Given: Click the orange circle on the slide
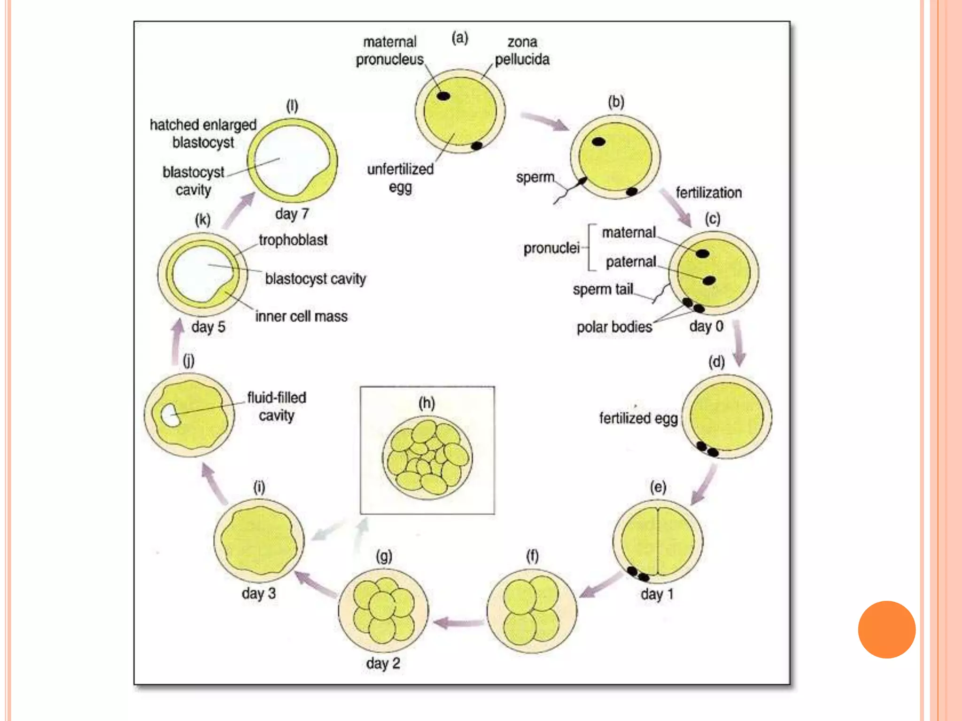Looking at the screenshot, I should click(x=886, y=629).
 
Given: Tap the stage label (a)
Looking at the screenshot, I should click(x=460, y=38).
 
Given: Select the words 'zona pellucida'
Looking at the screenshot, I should click(x=522, y=51).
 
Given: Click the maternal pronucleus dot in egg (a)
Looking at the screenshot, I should click(x=443, y=96).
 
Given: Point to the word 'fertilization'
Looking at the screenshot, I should click(x=708, y=192).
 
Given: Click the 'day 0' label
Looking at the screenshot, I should click(x=706, y=326).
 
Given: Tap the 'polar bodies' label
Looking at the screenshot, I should click(x=614, y=327).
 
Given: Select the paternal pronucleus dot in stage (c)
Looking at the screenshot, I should click(x=709, y=281).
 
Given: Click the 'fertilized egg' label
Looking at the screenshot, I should click(x=638, y=418).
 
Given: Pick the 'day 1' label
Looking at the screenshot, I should click(x=657, y=594).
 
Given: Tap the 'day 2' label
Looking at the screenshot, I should click(x=383, y=663).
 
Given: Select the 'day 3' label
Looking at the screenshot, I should click(x=258, y=593).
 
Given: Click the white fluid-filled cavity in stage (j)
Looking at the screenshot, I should click(x=170, y=415).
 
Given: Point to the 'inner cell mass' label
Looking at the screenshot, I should click(x=301, y=316).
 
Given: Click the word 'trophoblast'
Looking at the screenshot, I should click(x=293, y=240).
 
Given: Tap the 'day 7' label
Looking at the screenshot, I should click(x=292, y=214).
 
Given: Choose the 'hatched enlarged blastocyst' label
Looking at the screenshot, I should click(x=203, y=133).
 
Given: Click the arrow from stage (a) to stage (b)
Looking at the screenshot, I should click(x=545, y=121).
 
